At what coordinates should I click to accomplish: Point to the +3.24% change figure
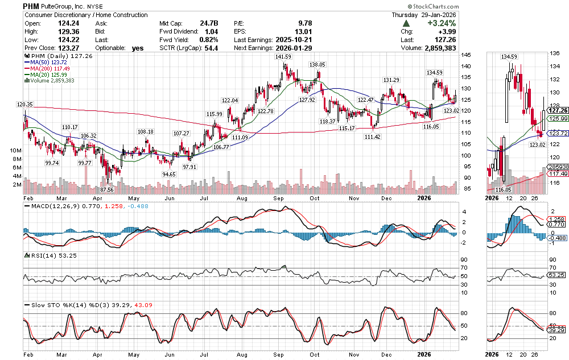[x=444, y=23]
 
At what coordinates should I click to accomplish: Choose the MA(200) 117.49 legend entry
[x=50, y=69]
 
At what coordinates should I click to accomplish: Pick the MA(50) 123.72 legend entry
[x=48, y=63]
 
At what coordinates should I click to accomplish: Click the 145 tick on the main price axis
[x=466, y=55]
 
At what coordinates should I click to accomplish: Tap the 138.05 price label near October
[x=316, y=65]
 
